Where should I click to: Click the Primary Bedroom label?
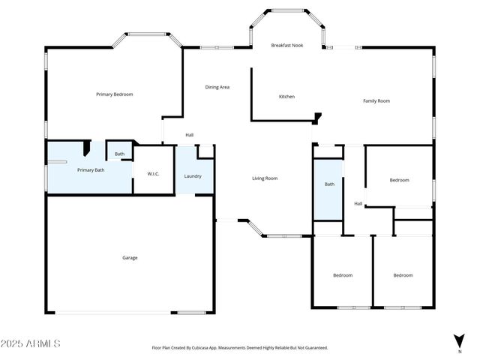click(114, 94)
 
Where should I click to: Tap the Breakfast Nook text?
click(286, 46)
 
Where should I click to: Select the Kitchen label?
click(286, 97)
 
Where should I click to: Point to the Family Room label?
click(376, 100)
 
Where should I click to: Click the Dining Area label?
click(217, 87)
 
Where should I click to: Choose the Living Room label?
click(265, 178)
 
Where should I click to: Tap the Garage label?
click(130, 258)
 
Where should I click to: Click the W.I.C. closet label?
click(153, 174)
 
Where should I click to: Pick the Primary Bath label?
click(91, 170)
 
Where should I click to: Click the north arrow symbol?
click(459, 341)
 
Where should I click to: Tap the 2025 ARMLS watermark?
click(31, 343)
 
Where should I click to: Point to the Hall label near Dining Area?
click(190, 135)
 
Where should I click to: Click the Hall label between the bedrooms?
click(358, 203)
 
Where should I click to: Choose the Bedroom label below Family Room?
click(399, 180)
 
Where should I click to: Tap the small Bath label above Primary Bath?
click(119, 154)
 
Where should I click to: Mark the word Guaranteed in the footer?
click(313, 348)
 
